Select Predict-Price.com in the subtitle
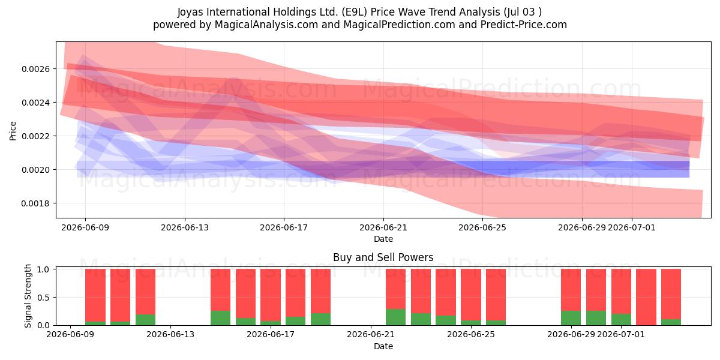pyautogui.click(x=524, y=25)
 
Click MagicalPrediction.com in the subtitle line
pyautogui.click(x=399, y=25)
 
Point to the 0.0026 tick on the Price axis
pyautogui.click(x=35, y=69)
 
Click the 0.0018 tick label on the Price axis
pyautogui.click(x=35, y=203)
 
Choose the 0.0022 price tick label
pyautogui.click(x=35, y=136)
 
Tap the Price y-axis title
pyautogui.click(x=13, y=131)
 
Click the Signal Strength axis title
pyautogui.click(x=28, y=296)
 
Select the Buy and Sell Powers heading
pyautogui.click(x=383, y=257)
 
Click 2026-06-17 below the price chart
pyautogui.click(x=284, y=227)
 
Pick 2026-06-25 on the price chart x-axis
pyautogui.click(x=482, y=227)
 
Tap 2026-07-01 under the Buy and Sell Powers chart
pyautogui.click(x=621, y=334)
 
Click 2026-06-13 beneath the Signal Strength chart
pyautogui.click(x=170, y=334)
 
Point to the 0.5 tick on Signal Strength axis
pyautogui.click(x=43, y=298)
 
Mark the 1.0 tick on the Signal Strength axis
pyautogui.click(x=43, y=269)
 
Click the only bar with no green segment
pyautogui.click(x=646, y=297)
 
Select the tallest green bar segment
pyautogui.click(x=395, y=317)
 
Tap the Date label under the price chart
pyautogui.click(x=383, y=239)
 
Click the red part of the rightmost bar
pyautogui.click(x=671, y=294)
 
